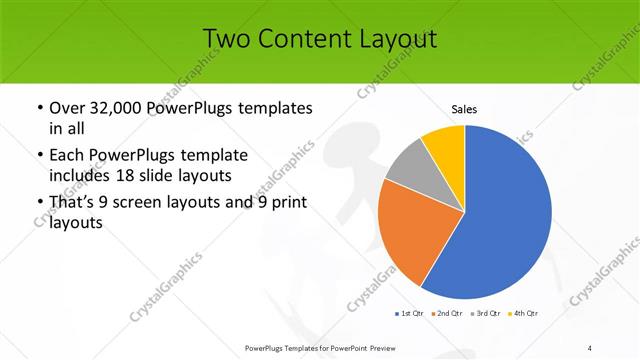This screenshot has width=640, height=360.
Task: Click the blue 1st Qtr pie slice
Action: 505,215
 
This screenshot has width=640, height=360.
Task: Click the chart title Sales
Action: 465,109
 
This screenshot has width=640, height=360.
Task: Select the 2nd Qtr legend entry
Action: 446,313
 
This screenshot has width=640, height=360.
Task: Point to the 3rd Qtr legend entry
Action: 485,313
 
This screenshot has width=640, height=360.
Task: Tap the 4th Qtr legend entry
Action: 523,313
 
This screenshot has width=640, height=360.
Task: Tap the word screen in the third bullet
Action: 138,203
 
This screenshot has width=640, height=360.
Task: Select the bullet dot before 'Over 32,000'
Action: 38,108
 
